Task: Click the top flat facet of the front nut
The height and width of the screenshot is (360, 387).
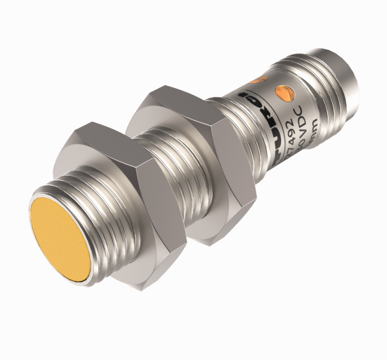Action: point(105,138)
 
